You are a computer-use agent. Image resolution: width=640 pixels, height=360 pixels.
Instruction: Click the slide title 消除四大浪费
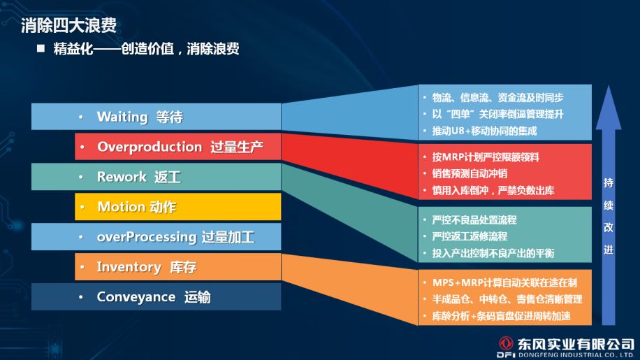(x=68, y=25)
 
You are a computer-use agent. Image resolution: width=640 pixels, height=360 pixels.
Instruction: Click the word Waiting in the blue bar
(x=122, y=117)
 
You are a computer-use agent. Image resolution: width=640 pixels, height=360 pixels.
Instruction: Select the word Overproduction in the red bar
(x=150, y=147)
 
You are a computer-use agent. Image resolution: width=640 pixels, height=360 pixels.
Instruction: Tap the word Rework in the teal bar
(x=122, y=177)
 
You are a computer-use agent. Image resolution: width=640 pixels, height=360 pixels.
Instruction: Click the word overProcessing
(x=147, y=237)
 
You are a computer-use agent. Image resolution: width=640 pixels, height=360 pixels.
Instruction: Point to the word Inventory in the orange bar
(x=129, y=267)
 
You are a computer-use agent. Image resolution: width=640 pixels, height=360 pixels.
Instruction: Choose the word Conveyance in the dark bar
(x=136, y=297)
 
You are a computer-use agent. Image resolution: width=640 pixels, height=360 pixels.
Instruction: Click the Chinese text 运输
(x=198, y=297)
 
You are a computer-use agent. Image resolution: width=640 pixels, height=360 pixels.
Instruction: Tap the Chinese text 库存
(x=183, y=267)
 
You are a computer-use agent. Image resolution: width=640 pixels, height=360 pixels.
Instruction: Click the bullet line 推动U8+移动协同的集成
(x=484, y=131)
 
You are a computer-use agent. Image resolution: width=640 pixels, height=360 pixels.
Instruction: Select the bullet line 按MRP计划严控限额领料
(x=486, y=157)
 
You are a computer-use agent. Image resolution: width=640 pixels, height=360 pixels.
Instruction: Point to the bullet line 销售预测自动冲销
(x=470, y=173)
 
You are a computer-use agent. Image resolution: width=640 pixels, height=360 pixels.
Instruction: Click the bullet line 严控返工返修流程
(x=470, y=236)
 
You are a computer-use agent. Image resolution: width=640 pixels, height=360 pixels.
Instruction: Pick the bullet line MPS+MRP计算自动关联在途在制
(x=504, y=282)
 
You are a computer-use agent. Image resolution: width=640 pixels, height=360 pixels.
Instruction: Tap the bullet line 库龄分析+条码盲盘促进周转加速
(x=501, y=316)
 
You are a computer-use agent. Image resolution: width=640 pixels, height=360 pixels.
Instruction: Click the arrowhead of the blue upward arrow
(x=609, y=108)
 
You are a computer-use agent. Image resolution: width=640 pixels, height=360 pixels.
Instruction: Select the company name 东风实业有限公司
(x=576, y=344)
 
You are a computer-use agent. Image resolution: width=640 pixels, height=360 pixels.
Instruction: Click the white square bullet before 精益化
(x=41, y=48)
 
